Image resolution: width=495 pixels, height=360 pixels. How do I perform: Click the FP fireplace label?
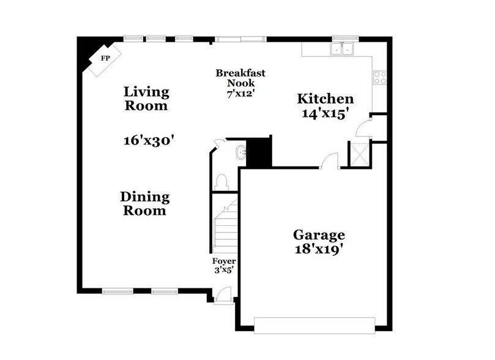tap(105, 58)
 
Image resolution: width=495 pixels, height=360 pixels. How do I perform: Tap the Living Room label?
tap(146, 99)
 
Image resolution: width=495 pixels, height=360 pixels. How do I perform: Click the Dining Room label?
tap(144, 204)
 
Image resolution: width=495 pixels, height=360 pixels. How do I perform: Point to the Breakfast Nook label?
tap(240, 78)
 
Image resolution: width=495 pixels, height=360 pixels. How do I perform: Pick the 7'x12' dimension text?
tap(240, 94)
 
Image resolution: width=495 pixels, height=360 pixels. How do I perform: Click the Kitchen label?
tap(325, 99)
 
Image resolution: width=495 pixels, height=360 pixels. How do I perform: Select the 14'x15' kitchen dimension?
tap(326, 113)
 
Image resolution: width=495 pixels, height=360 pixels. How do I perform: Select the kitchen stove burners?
tap(380, 77)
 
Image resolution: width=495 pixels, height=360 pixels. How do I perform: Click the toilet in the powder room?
tap(221, 181)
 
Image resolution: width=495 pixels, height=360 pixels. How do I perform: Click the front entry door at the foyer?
tap(223, 296)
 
